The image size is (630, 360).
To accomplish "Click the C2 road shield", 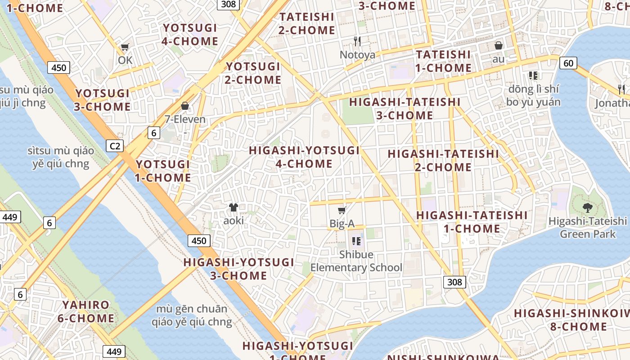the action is (115, 146).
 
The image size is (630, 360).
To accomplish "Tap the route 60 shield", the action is (568, 63).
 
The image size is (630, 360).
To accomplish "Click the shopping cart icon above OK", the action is (125, 47).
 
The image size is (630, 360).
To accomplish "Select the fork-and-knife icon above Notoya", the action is (357, 41).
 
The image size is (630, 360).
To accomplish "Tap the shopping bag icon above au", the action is (499, 45).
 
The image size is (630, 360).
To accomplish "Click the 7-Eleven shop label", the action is (185, 119).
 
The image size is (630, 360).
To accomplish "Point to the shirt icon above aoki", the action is (233, 207).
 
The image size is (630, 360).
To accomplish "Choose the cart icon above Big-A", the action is (342, 210).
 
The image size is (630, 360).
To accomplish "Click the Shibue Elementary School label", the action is (356, 261).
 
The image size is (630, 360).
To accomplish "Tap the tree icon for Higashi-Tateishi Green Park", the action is (587, 207).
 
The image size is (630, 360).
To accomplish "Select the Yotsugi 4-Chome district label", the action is (190, 35).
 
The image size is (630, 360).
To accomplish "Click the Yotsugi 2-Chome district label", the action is (253, 73).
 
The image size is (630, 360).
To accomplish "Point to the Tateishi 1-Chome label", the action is (443, 62).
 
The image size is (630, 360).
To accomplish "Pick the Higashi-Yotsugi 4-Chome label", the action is (304, 157).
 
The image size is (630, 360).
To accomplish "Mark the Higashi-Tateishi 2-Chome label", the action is (443, 161).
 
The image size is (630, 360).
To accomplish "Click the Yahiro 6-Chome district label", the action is (85, 311).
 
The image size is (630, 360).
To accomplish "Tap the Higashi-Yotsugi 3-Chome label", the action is (238, 269).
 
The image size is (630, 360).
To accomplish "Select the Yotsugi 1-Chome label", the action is (163, 171).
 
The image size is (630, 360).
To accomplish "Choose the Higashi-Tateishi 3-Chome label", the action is (405, 109).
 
